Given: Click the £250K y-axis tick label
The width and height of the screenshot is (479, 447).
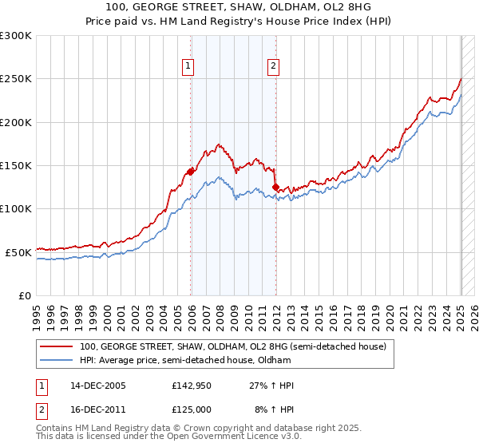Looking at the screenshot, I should tap(16, 79).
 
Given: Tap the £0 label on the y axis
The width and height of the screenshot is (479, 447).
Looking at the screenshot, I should tap(25, 295).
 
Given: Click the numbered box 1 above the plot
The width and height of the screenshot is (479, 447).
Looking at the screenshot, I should tap(189, 67).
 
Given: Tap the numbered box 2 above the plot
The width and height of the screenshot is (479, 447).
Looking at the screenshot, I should tap(273, 67).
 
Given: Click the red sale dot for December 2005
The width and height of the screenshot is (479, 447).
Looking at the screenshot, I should tap(191, 171).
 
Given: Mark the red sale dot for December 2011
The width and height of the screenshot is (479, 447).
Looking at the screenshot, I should tap(275, 187).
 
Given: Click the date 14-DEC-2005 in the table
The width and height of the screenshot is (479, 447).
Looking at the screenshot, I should tap(98, 386).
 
